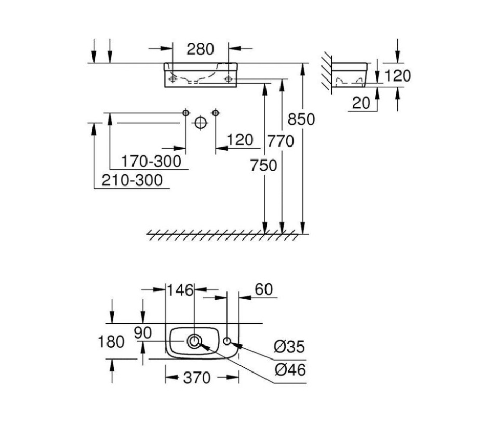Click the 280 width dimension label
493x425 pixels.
point(200,49)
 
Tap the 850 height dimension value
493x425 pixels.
point(301,119)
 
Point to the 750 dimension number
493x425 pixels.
point(263,165)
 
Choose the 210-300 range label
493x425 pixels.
point(132,180)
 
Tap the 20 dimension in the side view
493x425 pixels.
point(361,103)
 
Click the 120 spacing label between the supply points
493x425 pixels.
point(239,140)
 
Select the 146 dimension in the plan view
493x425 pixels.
point(180,290)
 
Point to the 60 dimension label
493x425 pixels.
point(263,290)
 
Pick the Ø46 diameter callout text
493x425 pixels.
point(290,370)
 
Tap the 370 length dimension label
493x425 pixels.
point(197,378)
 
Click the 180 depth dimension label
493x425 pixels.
point(111,342)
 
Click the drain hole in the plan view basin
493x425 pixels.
point(195,341)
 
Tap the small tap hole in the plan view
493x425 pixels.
point(228,341)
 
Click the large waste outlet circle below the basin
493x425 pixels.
point(200,123)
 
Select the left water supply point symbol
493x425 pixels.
point(185,112)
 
